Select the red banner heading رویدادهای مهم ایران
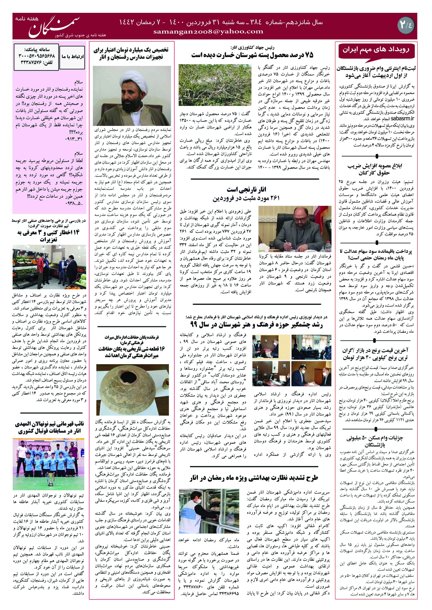(x=376, y=50)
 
